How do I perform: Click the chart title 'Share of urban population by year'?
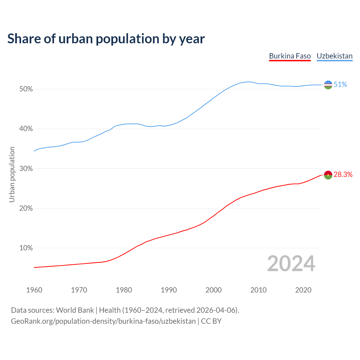pyautogui.click(x=106, y=39)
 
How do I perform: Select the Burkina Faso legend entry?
pyautogui.click(x=290, y=56)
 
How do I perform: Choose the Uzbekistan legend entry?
pyautogui.click(x=334, y=56)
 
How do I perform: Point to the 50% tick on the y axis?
pyautogui.click(x=26, y=89)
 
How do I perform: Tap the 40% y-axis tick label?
pyautogui.click(x=26, y=129)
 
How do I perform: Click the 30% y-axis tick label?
pyautogui.click(x=26, y=169)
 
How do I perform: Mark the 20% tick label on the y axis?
pyautogui.click(x=26, y=208)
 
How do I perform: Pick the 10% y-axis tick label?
pyautogui.click(x=26, y=248)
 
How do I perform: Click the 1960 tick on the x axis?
pyautogui.click(x=34, y=290)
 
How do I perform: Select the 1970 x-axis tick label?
pyautogui.click(x=79, y=290)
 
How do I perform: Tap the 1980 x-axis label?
pyautogui.click(x=124, y=290)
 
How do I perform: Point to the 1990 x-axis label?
pyautogui.click(x=169, y=290)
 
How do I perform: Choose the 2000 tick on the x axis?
pyautogui.click(x=213, y=290)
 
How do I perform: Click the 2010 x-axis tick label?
pyautogui.click(x=258, y=290)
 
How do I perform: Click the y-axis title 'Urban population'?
pyautogui.click(x=12, y=174)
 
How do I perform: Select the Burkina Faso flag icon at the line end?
pyautogui.click(x=328, y=175)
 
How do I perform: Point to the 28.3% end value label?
pyautogui.click(x=343, y=175)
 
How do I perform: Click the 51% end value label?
pyautogui.click(x=340, y=85)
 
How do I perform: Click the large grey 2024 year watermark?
pyautogui.click(x=291, y=264)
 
